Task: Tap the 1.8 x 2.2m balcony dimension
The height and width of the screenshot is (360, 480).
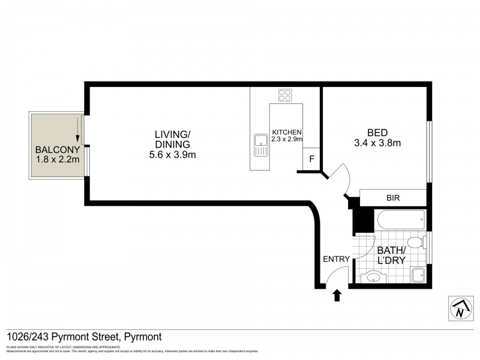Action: click(56, 160)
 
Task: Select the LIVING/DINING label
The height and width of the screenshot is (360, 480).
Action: click(172, 139)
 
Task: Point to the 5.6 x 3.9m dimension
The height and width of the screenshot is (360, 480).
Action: click(172, 155)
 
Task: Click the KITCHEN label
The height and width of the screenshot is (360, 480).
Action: click(287, 133)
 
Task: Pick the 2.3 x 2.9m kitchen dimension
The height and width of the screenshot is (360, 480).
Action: click(287, 140)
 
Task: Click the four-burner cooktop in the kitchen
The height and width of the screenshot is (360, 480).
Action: click(285, 95)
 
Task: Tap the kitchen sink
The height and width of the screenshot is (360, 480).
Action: click(261, 145)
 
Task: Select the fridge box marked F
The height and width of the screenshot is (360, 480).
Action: click(311, 160)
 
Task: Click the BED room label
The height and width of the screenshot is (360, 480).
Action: click(377, 133)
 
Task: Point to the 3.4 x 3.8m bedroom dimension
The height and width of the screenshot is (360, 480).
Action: click(377, 143)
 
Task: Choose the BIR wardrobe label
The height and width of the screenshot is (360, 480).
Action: click(393, 197)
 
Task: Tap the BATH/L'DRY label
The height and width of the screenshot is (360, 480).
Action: click(391, 255)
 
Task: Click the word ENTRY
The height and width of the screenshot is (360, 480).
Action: click(336, 259)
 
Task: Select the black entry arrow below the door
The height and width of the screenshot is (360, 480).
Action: click(337, 295)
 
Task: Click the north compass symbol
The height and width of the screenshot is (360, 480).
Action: click(459, 308)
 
